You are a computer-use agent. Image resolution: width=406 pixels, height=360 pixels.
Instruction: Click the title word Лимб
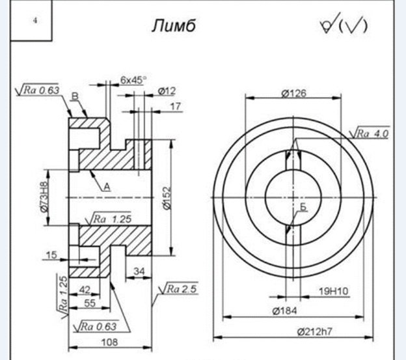coord(174,26)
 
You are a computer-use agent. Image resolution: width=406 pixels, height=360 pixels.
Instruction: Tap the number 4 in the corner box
coord(35,20)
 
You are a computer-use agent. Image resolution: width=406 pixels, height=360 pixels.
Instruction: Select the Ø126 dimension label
coord(293,93)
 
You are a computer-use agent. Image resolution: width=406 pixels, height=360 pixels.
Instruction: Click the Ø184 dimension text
coord(284,311)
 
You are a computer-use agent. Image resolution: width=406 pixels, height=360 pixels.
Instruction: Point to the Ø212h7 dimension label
coord(314,331)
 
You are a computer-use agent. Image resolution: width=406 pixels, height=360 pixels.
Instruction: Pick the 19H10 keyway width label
coord(334,292)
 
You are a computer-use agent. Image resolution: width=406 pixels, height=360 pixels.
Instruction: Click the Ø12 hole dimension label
coord(167,91)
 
